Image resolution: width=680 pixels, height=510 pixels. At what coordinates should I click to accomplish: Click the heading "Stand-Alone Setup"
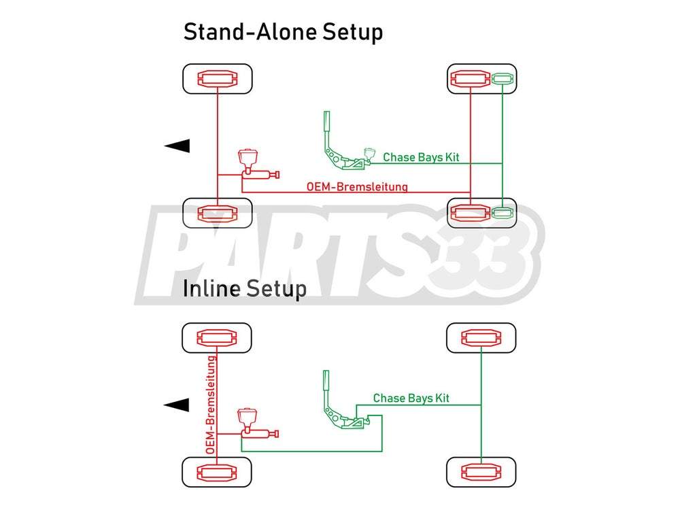pos(283,31)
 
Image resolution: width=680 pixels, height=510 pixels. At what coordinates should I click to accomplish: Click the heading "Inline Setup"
pos(245,288)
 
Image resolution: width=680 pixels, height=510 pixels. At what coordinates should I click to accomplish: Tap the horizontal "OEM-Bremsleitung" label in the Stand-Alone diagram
pos(357,186)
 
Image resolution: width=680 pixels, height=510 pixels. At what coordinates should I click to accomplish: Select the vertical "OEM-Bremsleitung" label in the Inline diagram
pos(211,405)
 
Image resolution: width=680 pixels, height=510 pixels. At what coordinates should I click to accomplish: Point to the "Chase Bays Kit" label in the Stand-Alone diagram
pos(421,157)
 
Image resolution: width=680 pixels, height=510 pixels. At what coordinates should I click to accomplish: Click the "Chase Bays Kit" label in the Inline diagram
pos(411,398)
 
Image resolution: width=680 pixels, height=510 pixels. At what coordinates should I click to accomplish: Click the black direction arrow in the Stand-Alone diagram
pos(177,145)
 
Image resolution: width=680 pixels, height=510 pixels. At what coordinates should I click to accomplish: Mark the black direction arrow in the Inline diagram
pos(177,405)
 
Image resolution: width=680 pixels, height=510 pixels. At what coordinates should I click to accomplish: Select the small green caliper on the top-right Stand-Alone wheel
pos(503,80)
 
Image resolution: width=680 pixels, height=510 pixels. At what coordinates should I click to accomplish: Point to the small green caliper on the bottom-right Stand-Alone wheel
pos(503,213)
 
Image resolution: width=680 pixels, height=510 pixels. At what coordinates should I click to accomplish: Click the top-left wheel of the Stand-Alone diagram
pos(217,79)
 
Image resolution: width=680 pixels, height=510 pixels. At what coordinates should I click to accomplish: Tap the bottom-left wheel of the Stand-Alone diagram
pos(217,214)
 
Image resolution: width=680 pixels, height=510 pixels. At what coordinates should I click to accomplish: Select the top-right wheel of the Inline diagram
pos(481,338)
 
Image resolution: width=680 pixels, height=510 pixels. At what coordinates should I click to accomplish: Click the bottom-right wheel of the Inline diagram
pos(481,471)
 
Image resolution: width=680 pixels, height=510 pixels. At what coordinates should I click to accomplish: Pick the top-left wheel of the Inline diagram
pos(217,338)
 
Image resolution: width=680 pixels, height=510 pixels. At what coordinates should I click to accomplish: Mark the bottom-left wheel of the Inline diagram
pos(217,471)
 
